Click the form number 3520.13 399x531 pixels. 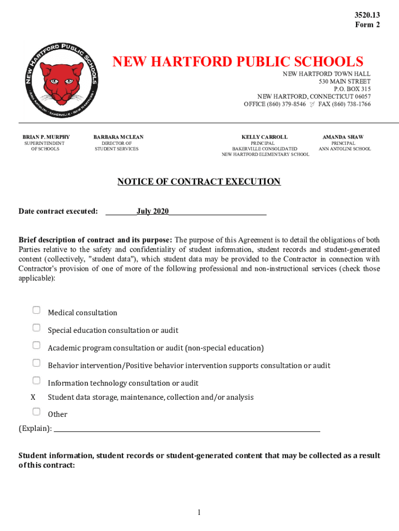(x=367, y=15)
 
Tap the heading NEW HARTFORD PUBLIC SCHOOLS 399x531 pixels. (x=238, y=62)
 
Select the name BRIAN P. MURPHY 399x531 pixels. (x=46, y=137)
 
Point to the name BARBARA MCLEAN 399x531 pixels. (x=118, y=137)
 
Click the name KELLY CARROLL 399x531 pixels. (x=264, y=137)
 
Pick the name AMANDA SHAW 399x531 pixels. (x=343, y=137)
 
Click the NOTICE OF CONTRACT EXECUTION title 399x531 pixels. (x=199, y=181)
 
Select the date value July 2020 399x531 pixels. (x=153, y=211)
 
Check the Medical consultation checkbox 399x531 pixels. (x=36, y=310)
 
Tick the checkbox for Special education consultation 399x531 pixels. (x=36, y=328)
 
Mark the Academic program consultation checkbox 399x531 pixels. (x=36, y=345)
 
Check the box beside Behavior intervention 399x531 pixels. (x=36, y=363)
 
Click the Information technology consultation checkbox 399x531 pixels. (x=36, y=381)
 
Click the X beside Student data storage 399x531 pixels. (x=33, y=397)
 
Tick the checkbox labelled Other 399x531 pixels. (x=36, y=412)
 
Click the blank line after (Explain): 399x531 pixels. (x=187, y=428)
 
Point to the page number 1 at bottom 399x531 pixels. (x=198, y=513)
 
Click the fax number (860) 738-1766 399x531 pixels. (x=352, y=104)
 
